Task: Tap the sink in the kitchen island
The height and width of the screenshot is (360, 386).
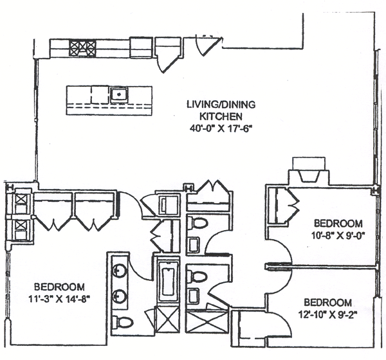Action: (119, 94)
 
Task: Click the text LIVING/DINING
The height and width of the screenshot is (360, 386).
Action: (214, 104)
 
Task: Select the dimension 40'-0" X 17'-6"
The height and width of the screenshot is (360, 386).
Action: (214, 127)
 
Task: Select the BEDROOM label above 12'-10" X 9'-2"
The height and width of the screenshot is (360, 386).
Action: (327, 302)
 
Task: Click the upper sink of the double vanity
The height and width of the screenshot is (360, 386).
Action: (120, 269)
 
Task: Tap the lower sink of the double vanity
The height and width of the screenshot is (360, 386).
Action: (120, 296)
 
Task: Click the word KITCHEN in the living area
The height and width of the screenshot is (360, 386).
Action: (214, 116)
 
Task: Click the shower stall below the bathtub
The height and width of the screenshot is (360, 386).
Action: (168, 321)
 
